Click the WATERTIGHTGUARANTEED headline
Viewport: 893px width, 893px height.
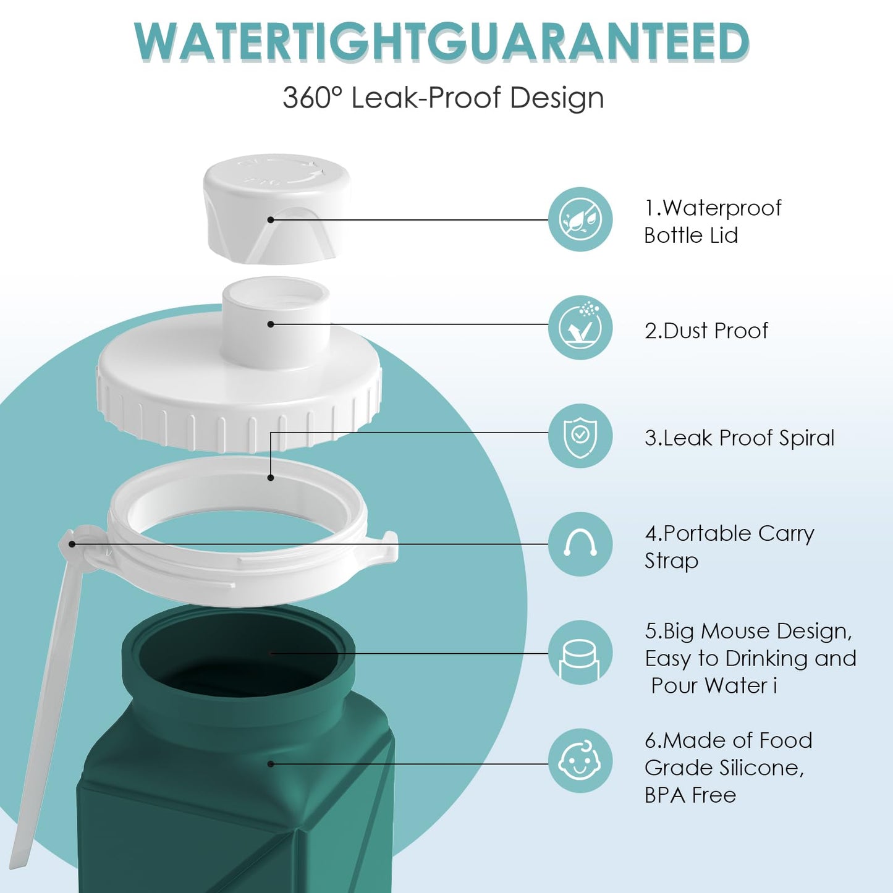pos(442,41)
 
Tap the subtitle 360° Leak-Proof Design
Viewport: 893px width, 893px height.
pos(443,98)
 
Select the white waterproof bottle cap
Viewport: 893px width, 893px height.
pos(276,209)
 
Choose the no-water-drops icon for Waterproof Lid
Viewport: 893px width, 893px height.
pos(580,219)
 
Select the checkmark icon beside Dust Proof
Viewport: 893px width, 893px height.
pos(580,328)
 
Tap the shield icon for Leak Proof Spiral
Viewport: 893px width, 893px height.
pos(580,436)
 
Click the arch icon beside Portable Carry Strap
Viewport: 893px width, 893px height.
pos(580,544)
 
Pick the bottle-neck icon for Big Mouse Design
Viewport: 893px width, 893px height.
pos(580,653)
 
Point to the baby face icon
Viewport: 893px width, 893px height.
pos(580,761)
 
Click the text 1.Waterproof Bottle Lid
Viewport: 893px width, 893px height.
pos(713,221)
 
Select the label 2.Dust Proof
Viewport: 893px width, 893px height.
pos(706,331)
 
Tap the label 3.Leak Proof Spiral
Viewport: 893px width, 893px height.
pos(740,438)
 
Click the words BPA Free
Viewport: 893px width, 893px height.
pos(690,796)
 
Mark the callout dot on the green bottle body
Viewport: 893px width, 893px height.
pos(271,764)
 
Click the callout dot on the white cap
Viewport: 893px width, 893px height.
pos(271,219)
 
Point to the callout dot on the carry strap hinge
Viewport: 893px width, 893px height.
pos(72,544)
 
